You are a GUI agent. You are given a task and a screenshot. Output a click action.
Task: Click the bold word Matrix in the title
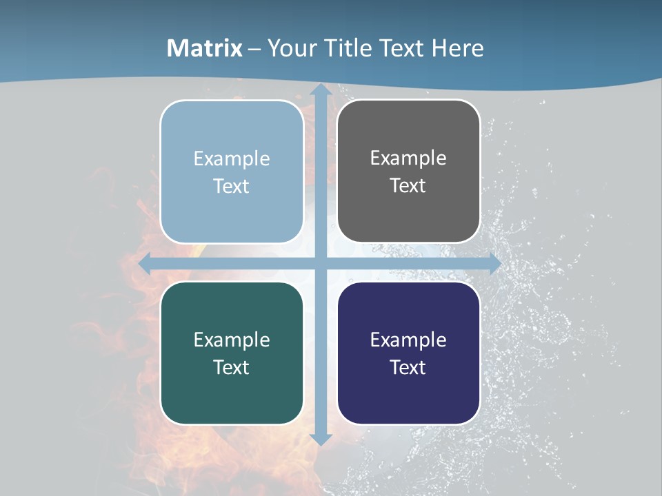coord(204,48)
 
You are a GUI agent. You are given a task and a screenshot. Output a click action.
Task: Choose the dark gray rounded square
coord(408,214)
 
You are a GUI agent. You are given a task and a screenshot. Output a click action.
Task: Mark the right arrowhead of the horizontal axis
coord(494,263)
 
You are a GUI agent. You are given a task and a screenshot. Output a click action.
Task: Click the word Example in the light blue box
coord(232,159)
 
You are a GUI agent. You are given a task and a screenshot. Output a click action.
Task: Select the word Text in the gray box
coord(408,186)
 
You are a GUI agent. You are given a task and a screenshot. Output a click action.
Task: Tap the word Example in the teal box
coord(232,340)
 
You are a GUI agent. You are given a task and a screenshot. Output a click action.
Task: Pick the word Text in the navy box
coord(408,367)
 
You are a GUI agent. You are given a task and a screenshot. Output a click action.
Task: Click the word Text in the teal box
coord(232,367)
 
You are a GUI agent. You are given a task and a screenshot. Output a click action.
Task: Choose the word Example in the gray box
coord(408,158)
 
